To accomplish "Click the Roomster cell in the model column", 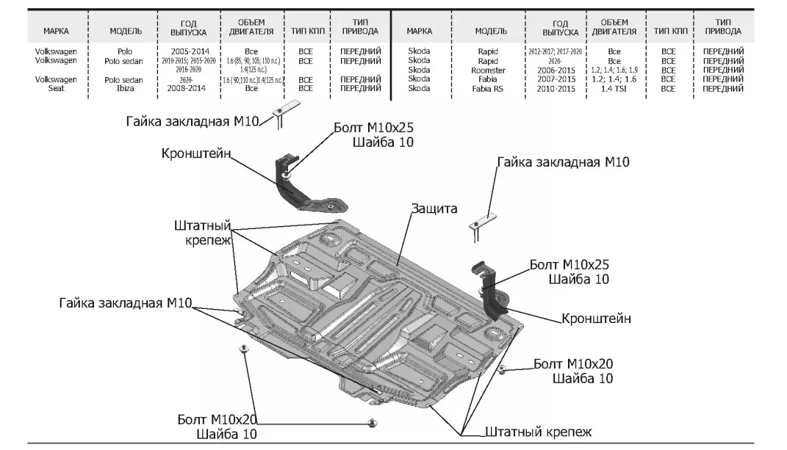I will click(x=487, y=70).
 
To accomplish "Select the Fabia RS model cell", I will click(x=487, y=88).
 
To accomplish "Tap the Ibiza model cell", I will click(x=123, y=88).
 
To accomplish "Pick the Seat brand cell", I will click(x=56, y=88).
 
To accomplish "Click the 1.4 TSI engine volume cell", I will click(x=614, y=88).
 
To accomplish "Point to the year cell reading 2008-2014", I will click(x=188, y=88).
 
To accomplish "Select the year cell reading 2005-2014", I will click(x=188, y=52).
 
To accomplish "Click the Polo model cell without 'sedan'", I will click(x=123, y=52).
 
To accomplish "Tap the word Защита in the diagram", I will click(x=434, y=208).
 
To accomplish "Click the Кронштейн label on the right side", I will click(x=596, y=319).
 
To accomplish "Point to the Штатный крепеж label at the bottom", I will click(x=538, y=432).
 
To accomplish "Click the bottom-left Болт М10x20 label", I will click(x=218, y=420).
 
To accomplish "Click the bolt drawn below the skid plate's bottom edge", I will click(x=373, y=422).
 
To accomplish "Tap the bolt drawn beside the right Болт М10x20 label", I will click(x=502, y=368).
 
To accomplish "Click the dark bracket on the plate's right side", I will click(x=493, y=290).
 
